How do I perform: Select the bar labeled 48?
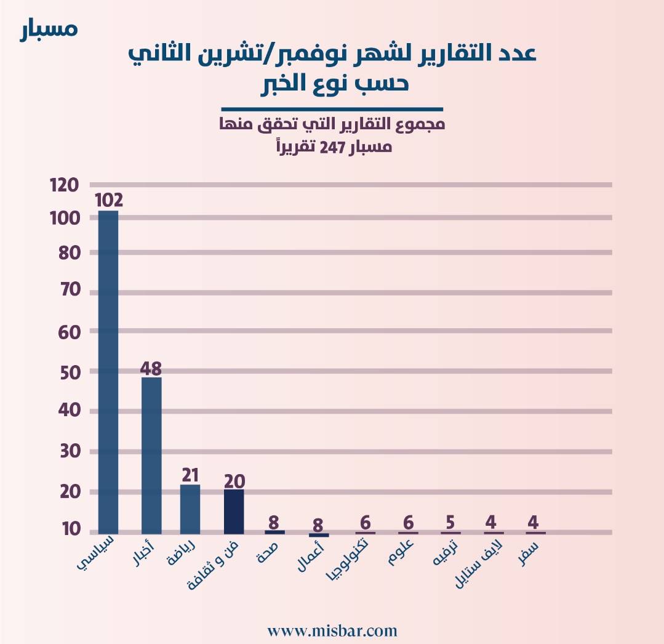coord(151,455)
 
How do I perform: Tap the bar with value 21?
coord(190,509)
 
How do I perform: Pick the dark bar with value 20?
coord(234,511)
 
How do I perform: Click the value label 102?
coord(109,200)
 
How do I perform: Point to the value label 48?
coord(151,368)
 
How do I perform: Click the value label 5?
coord(450,523)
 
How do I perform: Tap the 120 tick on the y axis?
coord(63,185)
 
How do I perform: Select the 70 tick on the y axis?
coord(70,291)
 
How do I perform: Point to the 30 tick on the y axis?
coord(70,451)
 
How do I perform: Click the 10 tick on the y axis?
coord(71,530)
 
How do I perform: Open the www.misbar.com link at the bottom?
coord(332,630)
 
